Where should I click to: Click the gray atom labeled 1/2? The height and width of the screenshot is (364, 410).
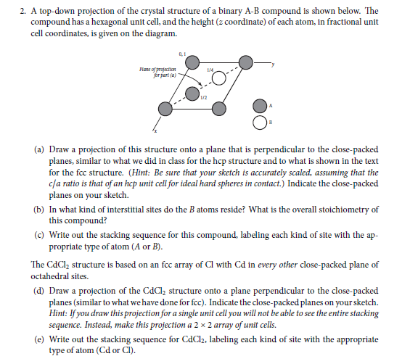192,94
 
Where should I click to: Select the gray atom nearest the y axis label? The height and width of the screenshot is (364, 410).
247,62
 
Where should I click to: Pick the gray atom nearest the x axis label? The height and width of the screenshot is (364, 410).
165,109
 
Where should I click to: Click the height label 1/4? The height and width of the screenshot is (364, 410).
210,70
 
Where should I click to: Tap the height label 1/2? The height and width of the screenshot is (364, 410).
205,99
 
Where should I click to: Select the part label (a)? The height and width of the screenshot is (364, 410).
40,149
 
